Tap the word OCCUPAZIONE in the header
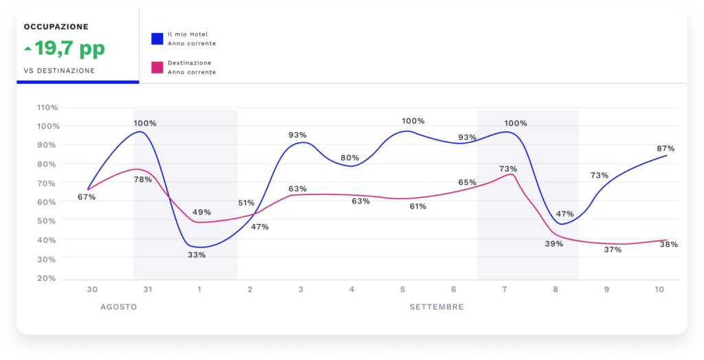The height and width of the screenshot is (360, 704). coord(56,27)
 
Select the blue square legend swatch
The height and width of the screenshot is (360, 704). coord(157,38)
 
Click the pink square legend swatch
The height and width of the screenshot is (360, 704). coord(157,67)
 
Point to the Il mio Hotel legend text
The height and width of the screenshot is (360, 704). coord(188,34)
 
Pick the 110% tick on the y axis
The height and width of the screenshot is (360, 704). coord(47,107)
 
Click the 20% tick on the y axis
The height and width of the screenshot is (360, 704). coord(47,278)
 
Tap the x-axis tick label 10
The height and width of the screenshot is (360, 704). coord(659,290)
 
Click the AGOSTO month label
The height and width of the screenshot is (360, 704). coord(118,306)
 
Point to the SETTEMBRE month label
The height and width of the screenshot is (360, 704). coord(437,306)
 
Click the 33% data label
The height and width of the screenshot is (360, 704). coord(197,255)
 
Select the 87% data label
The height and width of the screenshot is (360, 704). coord(665,148)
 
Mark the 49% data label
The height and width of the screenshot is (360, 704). coord(202,212)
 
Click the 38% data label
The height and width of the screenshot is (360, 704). coord(669,244)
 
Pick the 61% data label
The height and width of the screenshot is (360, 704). coord(417,206)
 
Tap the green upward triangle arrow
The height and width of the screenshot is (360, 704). coord(27,49)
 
